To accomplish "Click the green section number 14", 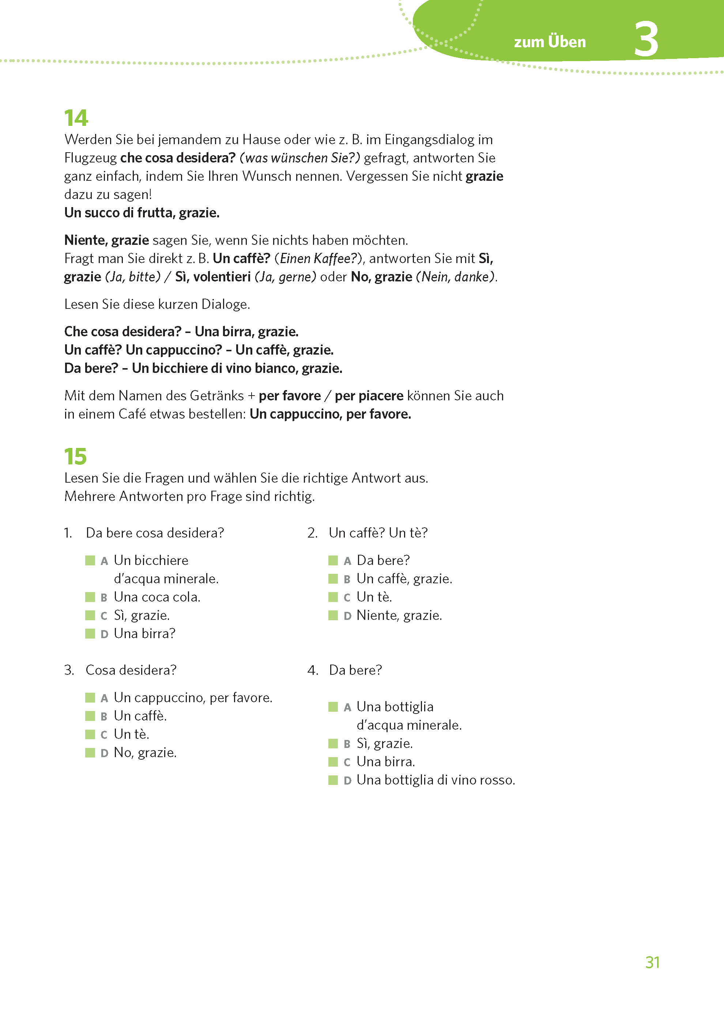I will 76,118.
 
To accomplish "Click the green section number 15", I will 75,456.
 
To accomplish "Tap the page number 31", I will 652,962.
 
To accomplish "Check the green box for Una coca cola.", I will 90,597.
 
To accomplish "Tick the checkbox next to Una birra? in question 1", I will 90,633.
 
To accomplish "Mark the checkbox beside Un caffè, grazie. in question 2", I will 333,579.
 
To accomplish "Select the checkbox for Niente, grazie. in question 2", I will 333,615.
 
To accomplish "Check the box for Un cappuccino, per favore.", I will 90,697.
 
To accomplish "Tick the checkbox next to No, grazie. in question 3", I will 90,753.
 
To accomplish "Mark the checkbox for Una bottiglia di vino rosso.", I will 333,780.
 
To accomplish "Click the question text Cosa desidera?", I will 131,670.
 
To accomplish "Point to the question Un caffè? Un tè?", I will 378,533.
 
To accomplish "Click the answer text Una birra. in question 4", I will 386,762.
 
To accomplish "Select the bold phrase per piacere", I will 369,396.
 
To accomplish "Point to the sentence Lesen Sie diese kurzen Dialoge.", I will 157,304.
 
